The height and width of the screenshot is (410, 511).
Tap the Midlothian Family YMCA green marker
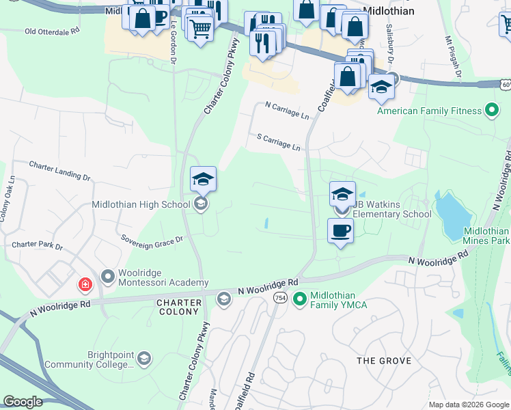299,299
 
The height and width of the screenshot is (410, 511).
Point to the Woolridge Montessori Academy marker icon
107,277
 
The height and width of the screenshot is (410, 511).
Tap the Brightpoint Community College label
88,359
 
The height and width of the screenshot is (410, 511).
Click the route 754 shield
280,298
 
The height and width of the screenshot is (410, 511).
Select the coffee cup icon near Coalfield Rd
340,231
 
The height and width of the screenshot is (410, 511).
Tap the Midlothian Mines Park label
486,236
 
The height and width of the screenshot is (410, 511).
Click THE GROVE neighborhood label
385,360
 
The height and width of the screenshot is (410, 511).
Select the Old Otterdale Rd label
52,31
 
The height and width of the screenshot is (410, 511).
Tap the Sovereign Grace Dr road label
152,240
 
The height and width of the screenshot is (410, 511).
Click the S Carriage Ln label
279,143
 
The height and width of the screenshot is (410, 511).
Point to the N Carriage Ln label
287,110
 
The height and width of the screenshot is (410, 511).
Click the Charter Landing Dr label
59,170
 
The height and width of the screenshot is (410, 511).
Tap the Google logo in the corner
23,402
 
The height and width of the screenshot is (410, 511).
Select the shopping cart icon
199,29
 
